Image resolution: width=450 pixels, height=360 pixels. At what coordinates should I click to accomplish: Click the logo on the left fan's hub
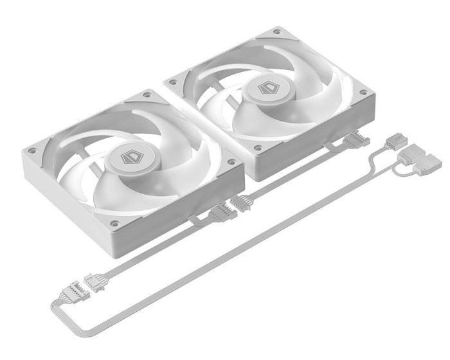131,158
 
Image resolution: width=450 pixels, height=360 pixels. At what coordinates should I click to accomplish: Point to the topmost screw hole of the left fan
147,94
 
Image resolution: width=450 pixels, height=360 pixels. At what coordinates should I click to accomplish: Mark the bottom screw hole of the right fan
258,147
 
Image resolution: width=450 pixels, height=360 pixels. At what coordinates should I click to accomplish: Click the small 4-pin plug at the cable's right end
393,140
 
